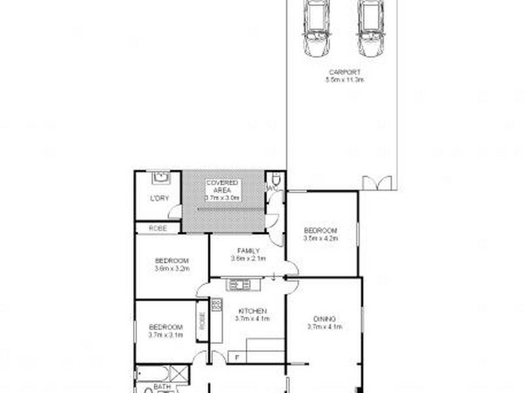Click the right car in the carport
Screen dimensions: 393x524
371,29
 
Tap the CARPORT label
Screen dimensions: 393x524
345,73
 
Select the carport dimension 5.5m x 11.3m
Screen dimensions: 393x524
345,80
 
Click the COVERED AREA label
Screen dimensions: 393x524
223,186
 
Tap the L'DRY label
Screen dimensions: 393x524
159,198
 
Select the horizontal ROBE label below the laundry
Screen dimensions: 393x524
158,228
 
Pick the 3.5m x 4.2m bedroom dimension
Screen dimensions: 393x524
320,239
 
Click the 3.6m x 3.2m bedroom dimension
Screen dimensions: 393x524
172,268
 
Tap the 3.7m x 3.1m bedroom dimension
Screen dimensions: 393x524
165,335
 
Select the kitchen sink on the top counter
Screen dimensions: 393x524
237,284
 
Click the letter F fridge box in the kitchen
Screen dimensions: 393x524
237,357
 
